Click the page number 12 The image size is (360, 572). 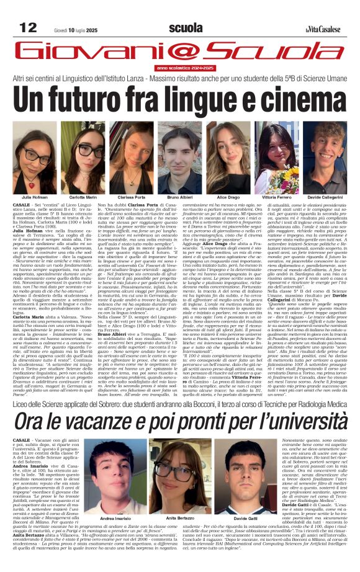coord(29,27)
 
